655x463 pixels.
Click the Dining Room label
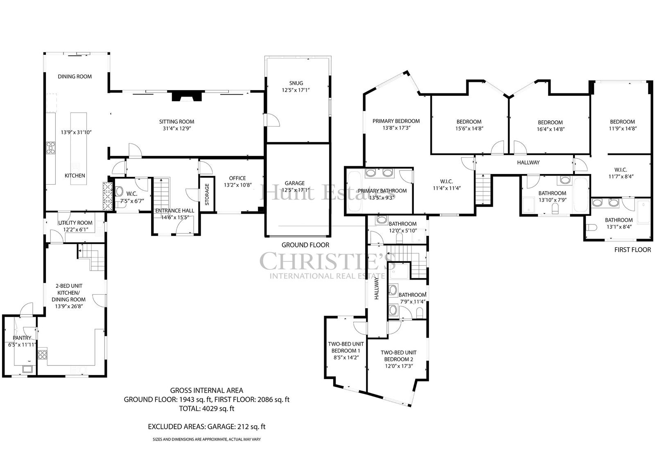click(x=75, y=77)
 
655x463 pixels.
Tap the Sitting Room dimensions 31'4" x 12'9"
click(x=176, y=129)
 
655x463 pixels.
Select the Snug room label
click(x=296, y=83)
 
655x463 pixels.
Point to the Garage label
click(x=294, y=183)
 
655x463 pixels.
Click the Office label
click(x=237, y=178)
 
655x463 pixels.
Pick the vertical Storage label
click(x=207, y=194)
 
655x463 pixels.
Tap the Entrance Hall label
click(x=174, y=210)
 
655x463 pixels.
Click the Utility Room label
click(x=75, y=223)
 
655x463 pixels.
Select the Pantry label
click(x=22, y=338)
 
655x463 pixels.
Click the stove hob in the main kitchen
click(x=51, y=147)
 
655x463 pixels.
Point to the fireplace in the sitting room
click(x=187, y=96)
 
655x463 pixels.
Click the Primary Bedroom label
click(x=396, y=121)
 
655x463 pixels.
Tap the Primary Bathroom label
click(x=382, y=191)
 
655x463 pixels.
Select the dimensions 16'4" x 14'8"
click(x=550, y=129)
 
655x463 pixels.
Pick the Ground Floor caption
click(x=305, y=245)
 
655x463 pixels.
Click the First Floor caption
click(x=632, y=250)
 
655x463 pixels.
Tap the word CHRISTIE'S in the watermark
click(x=328, y=262)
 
